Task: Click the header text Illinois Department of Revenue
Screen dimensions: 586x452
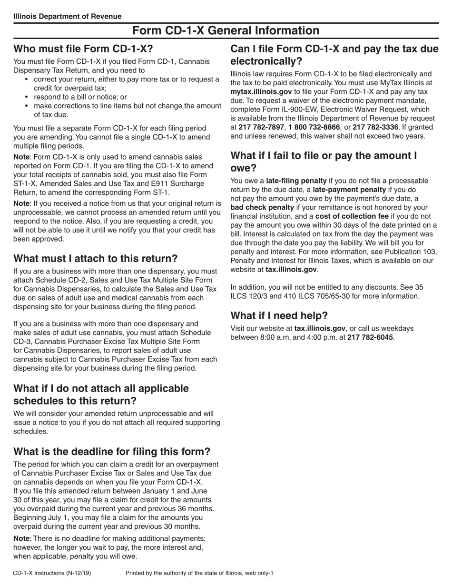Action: (67, 16)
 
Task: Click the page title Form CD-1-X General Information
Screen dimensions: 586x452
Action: (226, 30)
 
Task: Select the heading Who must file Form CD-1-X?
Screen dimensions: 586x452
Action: (83, 49)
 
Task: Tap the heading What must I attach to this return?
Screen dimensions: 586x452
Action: (95, 259)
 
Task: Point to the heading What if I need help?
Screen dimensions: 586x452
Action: (279, 316)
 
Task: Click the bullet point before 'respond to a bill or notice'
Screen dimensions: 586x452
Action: (27, 97)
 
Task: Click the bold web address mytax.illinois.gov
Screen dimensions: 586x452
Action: (261, 91)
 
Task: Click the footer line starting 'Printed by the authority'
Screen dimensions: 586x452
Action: (199, 573)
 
